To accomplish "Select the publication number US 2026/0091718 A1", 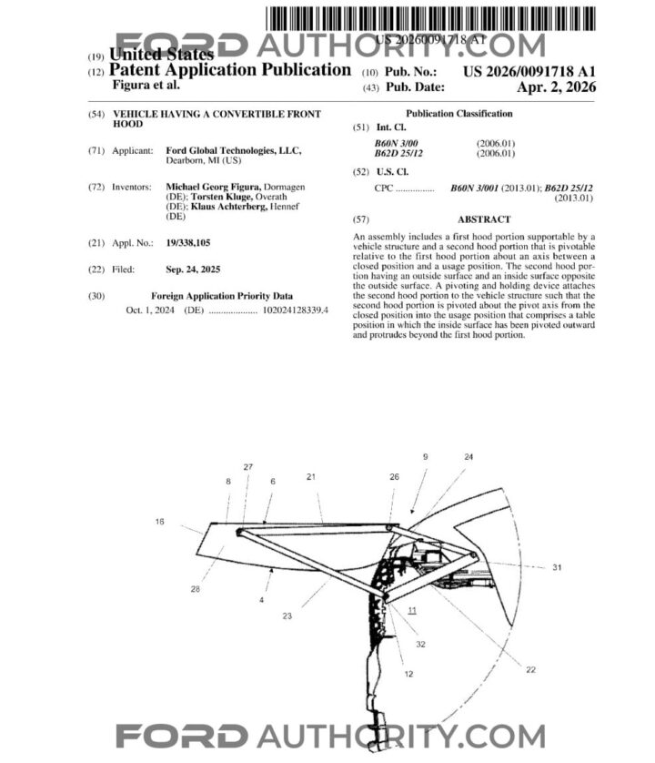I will coord(529,70).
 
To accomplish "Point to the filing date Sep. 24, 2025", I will coord(194,270).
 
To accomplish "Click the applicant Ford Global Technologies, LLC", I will coord(233,150).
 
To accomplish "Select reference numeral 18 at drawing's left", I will coord(160,523).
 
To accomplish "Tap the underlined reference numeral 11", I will coord(412,609).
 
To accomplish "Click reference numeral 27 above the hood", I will coord(248,467).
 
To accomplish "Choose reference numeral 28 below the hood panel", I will coord(195,589).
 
